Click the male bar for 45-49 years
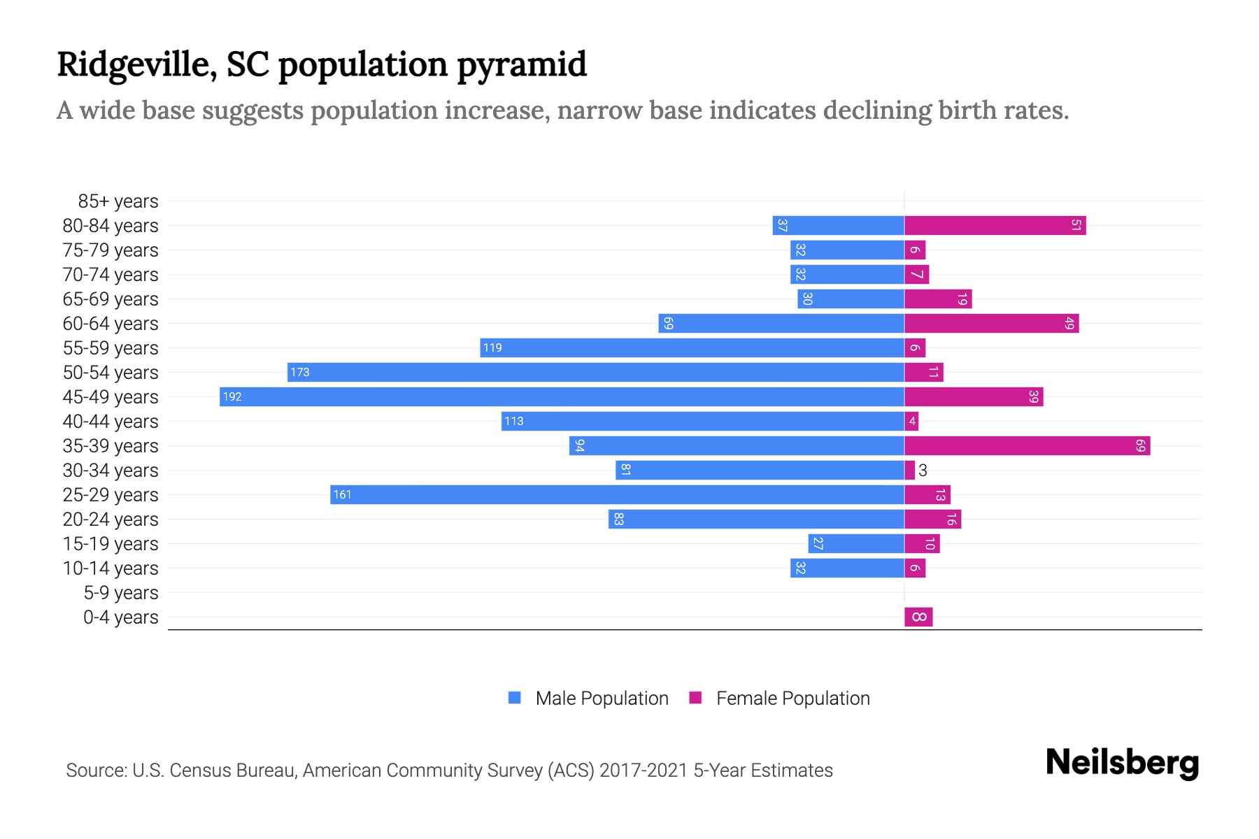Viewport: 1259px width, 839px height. coord(562,396)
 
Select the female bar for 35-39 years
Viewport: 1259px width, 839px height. coord(1027,445)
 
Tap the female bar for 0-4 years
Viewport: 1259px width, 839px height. coord(918,617)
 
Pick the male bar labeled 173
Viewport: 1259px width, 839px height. coord(595,372)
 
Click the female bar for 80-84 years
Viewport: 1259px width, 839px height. coord(995,225)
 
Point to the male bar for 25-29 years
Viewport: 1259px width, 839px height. coord(617,494)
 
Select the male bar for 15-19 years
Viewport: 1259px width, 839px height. coord(856,543)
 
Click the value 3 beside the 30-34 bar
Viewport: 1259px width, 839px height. coord(923,471)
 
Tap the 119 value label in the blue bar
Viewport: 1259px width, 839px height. coord(492,347)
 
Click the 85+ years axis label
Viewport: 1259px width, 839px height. coord(118,201)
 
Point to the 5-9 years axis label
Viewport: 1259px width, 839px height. coord(120,593)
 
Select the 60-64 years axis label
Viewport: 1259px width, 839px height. coord(111,324)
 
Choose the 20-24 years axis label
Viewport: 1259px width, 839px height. coord(111,519)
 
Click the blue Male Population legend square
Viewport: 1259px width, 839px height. coord(515,698)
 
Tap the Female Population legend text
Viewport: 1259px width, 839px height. coord(792,698)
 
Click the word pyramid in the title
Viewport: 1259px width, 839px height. coord(522,65)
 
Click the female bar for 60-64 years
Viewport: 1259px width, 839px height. coord(991,323)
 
